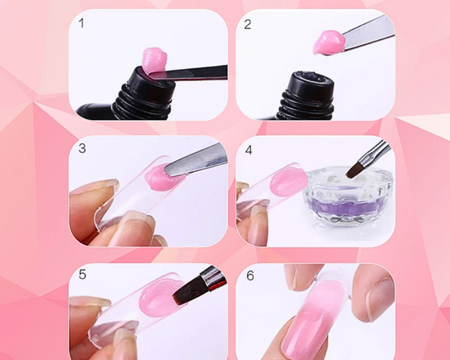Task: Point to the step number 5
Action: click(x=82, y=275)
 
